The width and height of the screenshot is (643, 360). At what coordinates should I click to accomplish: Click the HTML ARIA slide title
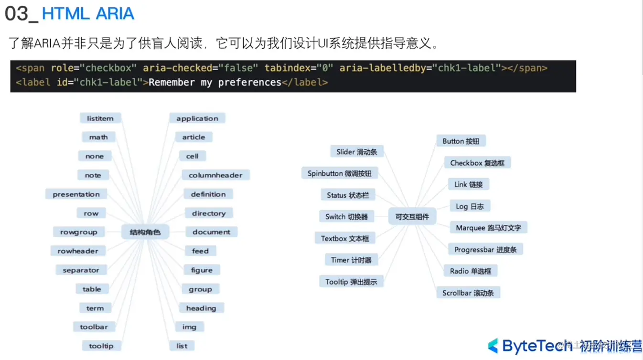coord(88,14)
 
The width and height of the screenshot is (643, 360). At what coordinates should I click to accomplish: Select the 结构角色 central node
coord(145,233)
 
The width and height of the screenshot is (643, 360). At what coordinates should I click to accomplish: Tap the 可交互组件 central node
coord(412,216)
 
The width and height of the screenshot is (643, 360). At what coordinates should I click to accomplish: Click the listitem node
coord(100,118)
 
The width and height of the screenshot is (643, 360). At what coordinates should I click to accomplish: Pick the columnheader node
coord(215,175)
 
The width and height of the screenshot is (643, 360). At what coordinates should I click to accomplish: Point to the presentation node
coord(76,194)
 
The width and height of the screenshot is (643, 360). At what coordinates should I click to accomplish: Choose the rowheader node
coord(78,251)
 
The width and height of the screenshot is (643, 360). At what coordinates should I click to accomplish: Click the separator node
coord(81,270)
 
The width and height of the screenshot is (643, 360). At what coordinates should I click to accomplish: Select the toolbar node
coord(94,327)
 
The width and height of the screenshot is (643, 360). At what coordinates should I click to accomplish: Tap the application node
coord(197,118)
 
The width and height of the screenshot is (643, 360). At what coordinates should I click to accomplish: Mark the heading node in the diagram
coord(201,308)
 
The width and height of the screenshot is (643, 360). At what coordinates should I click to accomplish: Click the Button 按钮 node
coord(461,141)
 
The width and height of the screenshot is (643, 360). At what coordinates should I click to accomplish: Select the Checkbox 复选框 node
coord(477,163)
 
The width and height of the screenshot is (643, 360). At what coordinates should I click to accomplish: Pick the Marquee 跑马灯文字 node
coord(488,228)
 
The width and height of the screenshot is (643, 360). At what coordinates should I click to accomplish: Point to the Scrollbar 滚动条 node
coord(468,293)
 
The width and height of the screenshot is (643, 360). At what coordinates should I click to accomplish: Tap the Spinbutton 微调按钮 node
coord(339,173)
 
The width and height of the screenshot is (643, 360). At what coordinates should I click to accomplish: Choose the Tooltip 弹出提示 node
coord(351,282)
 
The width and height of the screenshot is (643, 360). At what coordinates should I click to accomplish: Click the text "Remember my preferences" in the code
coord(215,83)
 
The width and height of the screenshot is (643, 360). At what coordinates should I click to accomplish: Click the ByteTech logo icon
coord(493,346)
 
